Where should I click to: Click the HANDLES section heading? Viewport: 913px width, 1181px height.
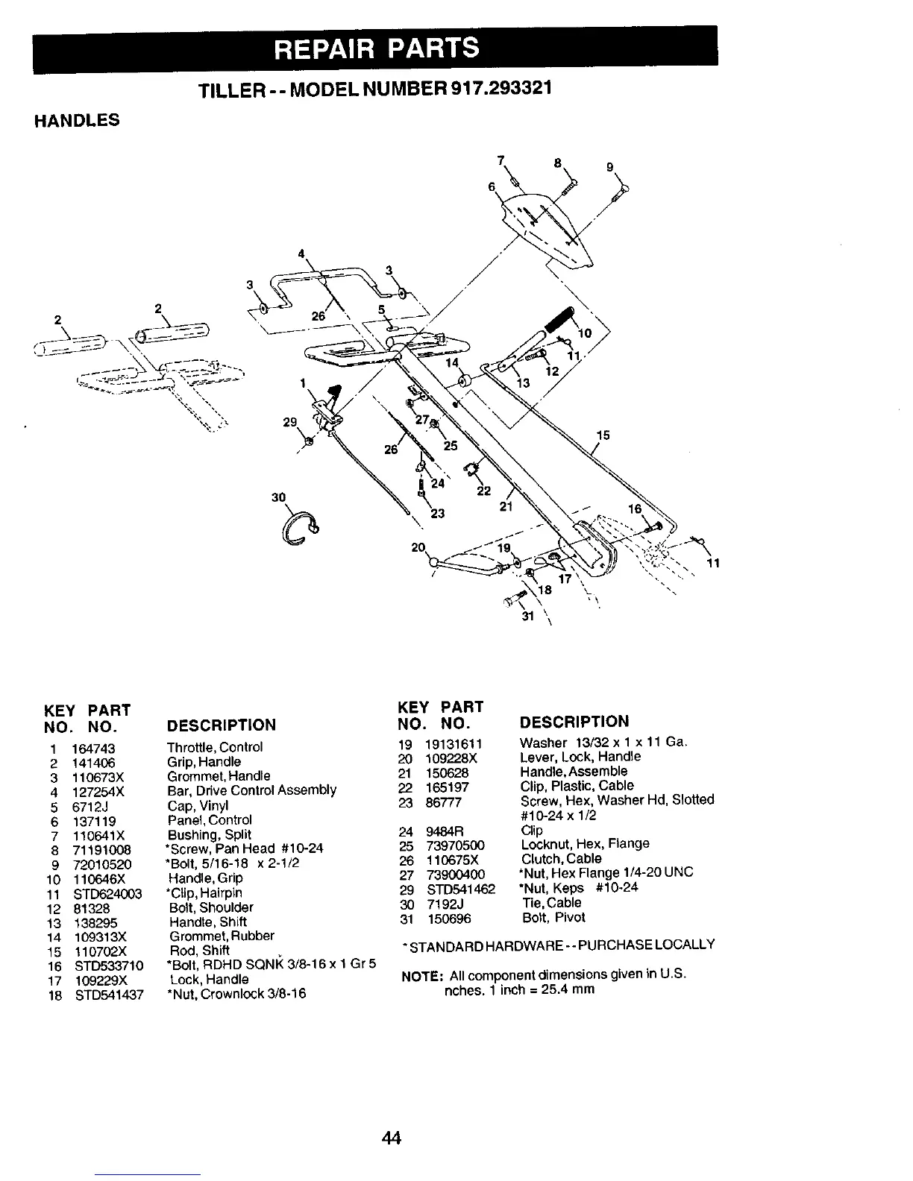[x=76, y=120]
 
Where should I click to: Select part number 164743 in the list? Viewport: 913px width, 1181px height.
[x=93, y=748]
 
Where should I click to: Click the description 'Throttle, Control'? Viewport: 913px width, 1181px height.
[x=215, y=747]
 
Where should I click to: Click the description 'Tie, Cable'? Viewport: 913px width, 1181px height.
[x=552, y=903]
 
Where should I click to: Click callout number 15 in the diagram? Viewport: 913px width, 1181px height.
[x=603, y=435]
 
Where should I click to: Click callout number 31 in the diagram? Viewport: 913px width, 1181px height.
[x=526, y=617]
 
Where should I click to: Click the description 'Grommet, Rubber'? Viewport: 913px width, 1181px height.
[x=222, y=936]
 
